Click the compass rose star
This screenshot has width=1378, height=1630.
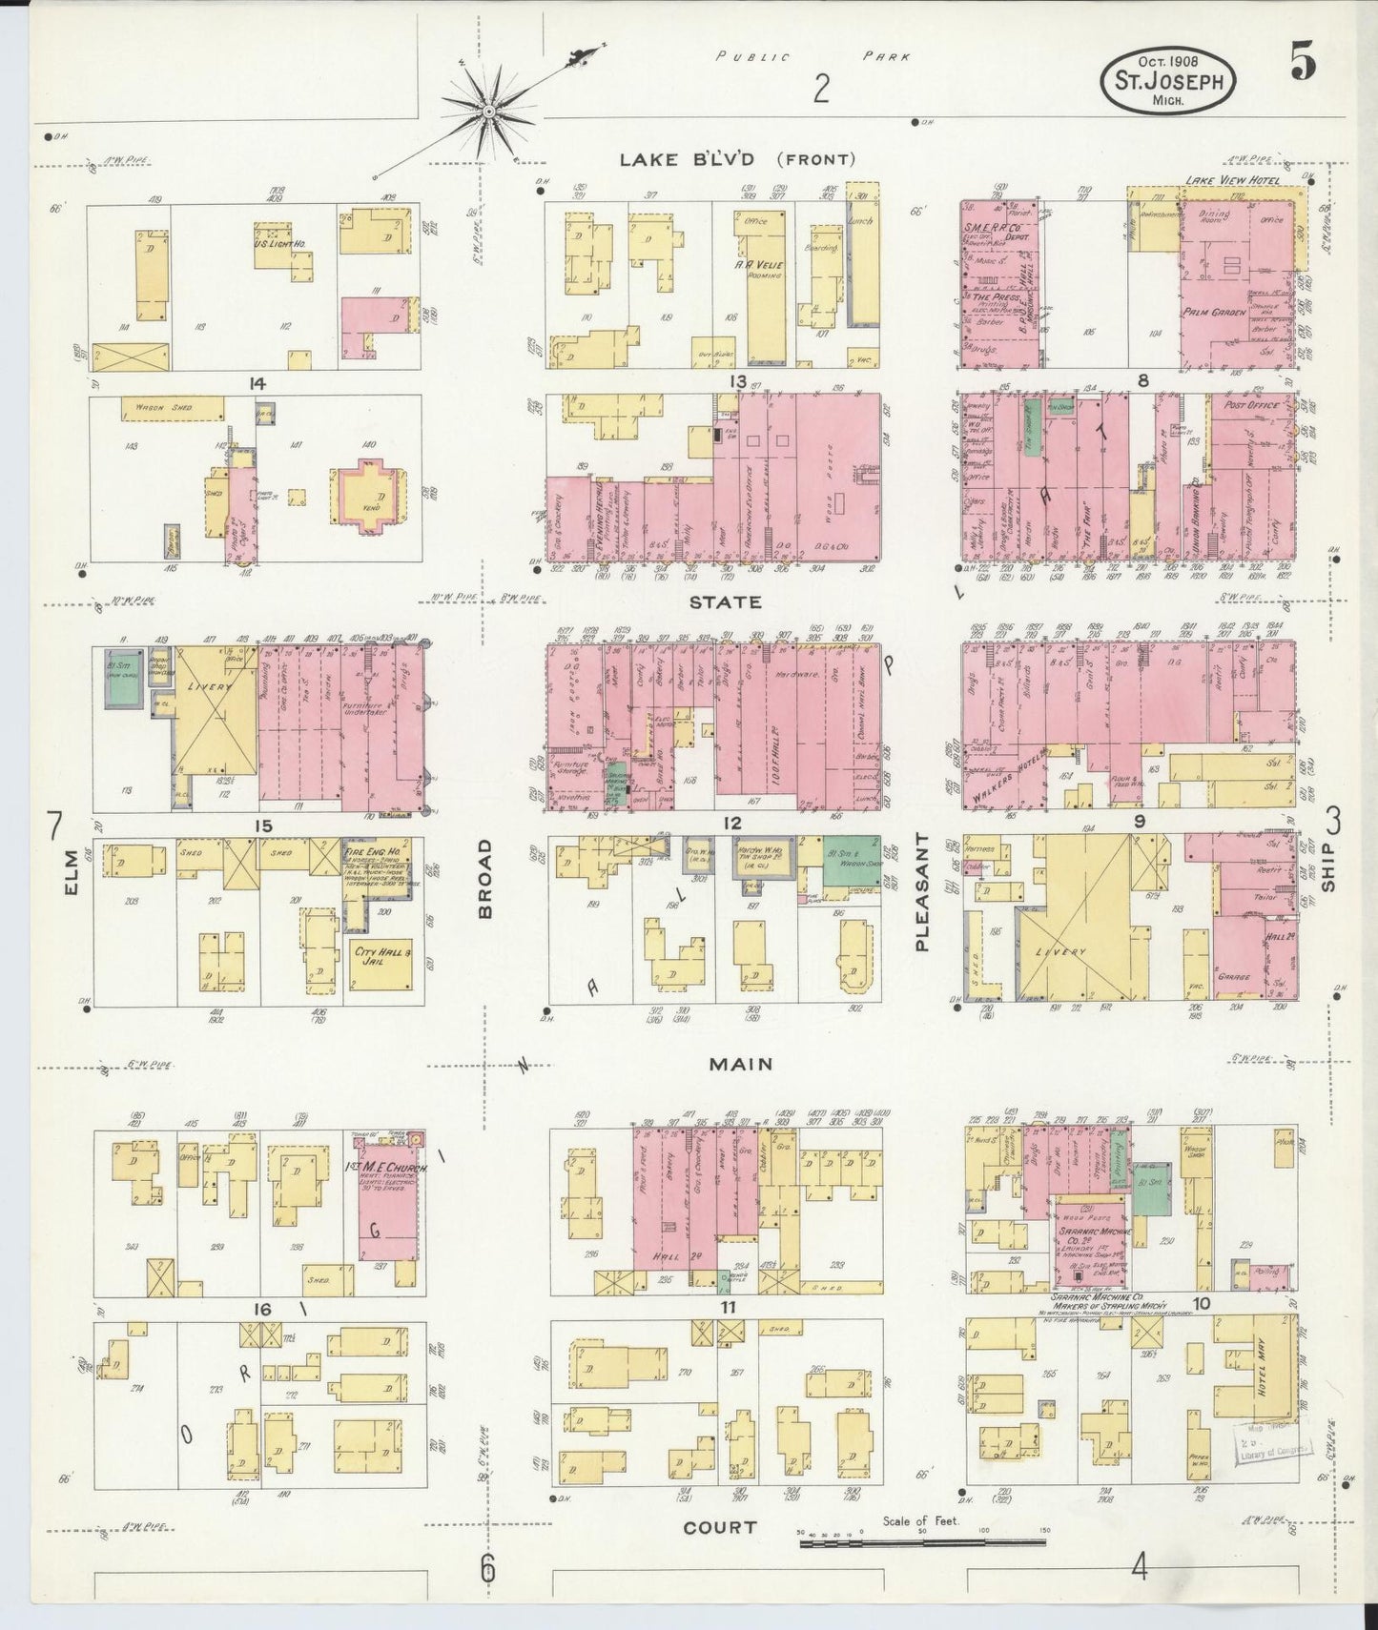(488, 112)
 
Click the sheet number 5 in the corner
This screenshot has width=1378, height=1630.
(1303, 64)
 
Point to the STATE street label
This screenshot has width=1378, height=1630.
(726, 602)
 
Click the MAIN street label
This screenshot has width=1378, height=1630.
(740, 1064)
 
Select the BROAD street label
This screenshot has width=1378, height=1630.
(485, 878)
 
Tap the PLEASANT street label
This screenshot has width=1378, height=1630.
(921, 892)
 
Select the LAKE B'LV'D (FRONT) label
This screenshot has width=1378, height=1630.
(737, 159)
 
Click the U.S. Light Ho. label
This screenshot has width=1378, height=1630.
(276, 245)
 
